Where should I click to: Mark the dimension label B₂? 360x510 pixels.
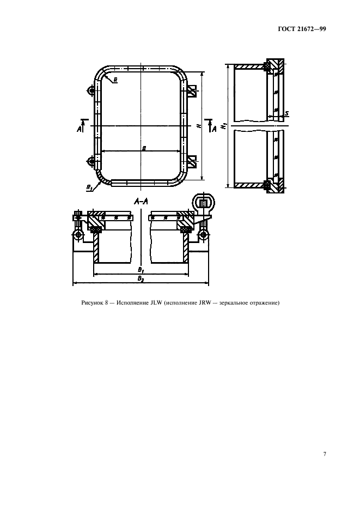(140, 278)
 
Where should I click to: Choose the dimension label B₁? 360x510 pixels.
(140, 270)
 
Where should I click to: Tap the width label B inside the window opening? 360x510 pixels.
(143, 148)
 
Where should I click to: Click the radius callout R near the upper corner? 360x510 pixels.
(116, 80)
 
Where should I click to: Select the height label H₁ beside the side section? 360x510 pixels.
(223, 126)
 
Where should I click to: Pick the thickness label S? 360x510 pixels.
(287, 113)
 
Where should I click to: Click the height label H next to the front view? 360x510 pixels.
(199, 126)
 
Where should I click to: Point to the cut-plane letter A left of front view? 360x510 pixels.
(80, 130)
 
